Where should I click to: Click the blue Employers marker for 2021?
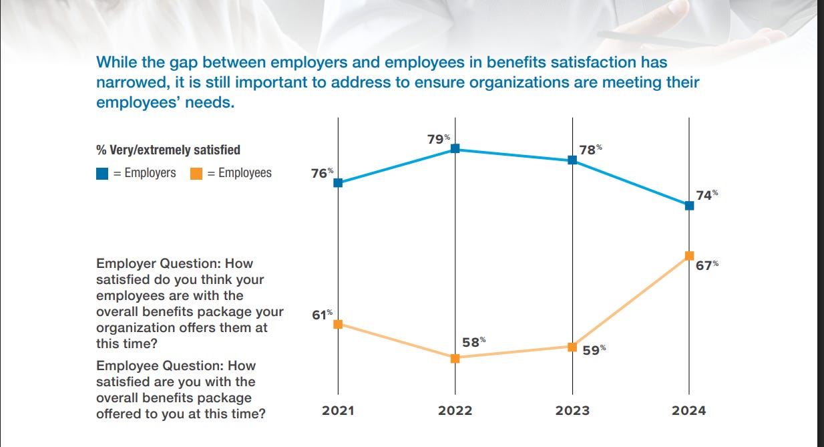pos(338,182)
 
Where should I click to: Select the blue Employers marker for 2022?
pos(455,149)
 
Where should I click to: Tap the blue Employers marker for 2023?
pos(572,160)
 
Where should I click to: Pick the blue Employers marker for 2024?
pos(689,206)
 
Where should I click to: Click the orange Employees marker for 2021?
pos(338,324)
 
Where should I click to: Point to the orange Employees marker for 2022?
pos(455,358)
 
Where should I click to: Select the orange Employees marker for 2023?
pos(572,347)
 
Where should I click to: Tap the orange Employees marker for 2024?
pos(689,256)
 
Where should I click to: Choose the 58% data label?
pos(473,342)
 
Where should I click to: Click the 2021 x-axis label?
pos(338,411)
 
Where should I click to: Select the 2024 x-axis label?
pos(688,411)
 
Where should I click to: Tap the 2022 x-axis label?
pos(455,411)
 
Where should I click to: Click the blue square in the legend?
pos(103,174)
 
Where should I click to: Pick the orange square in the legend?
pos(197,174)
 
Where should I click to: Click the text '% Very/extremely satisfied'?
pos(168,150)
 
